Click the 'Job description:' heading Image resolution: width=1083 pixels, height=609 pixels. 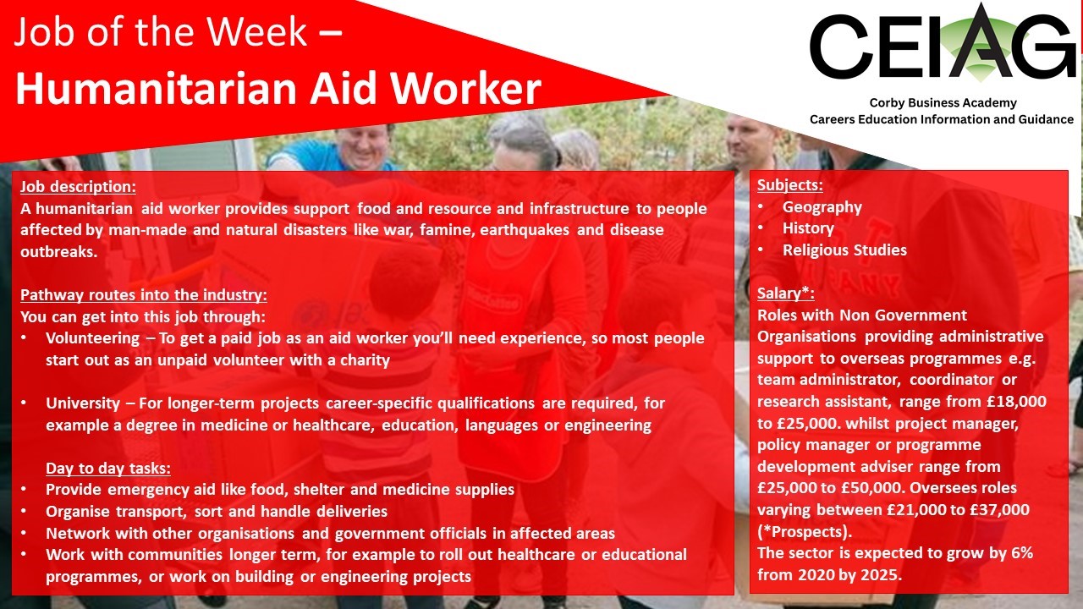(78, 187)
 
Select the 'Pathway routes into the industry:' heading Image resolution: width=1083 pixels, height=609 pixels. (144, 295)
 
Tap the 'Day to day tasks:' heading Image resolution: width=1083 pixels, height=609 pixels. (107, 468)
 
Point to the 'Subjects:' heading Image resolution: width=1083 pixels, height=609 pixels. (790, 185)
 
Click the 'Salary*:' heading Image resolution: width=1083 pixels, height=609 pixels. (786, 294)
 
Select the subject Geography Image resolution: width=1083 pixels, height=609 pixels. (822, 207)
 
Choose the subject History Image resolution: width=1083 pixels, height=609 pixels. (808, 228)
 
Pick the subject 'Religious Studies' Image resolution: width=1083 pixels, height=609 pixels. (844, 250)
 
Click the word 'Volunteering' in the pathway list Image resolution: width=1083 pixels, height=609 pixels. (93, 338)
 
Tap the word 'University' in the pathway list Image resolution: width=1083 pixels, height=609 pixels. (83, 403)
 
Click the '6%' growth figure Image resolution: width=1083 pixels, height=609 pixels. (1021, 553)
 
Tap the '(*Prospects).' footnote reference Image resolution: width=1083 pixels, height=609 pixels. (805, 532)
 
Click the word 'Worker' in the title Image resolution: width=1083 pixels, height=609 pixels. (465, 89)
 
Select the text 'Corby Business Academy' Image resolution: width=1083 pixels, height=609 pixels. (943, 103)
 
